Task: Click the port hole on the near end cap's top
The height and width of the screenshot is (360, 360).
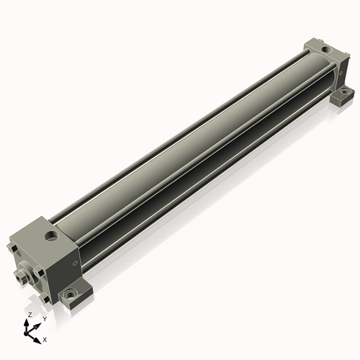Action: pos(52,235)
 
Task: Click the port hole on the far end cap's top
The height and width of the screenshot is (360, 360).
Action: pos(325,50)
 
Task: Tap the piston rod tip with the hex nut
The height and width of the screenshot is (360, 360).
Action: pos(20,277)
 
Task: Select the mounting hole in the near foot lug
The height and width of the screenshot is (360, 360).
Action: pos(71,294)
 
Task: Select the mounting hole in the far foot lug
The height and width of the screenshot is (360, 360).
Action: pos(346,91)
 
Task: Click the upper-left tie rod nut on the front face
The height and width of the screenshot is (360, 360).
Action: pos(12,248)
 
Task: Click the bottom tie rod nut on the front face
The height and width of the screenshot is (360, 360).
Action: pos(45,299)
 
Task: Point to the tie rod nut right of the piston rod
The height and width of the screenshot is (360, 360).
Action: pos(38,273)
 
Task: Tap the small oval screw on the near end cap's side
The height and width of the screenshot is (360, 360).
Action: pos(75,264)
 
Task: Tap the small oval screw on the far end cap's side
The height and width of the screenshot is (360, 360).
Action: pos(341,73)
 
